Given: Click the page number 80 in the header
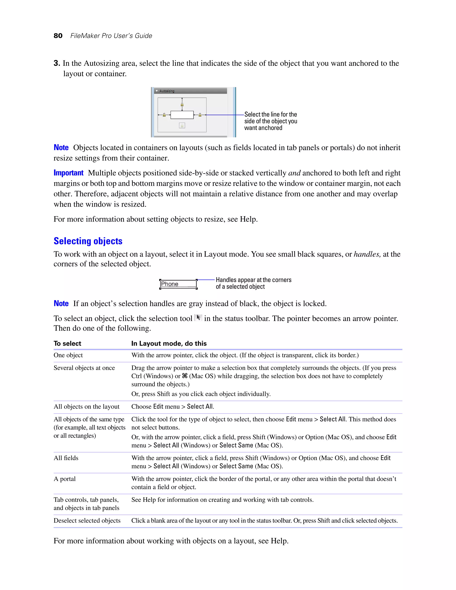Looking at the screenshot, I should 58,36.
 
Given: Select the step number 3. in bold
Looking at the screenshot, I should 57,63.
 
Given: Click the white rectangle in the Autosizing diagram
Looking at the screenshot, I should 182,115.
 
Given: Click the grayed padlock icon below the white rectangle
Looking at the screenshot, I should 182,126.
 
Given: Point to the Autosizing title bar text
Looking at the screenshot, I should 167,91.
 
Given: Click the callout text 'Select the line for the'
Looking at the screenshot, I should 270,114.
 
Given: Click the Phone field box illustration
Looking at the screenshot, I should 178,284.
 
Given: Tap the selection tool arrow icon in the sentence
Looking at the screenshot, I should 198,318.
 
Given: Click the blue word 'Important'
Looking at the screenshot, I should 68,173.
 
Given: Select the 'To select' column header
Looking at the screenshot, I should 67,343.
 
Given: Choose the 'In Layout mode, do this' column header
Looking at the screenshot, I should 169,343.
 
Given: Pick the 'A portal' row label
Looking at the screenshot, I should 65,479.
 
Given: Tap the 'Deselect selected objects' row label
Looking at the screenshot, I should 87,521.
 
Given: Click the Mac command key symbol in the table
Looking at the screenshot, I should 185,376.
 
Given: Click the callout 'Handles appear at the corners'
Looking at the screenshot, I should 253,280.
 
